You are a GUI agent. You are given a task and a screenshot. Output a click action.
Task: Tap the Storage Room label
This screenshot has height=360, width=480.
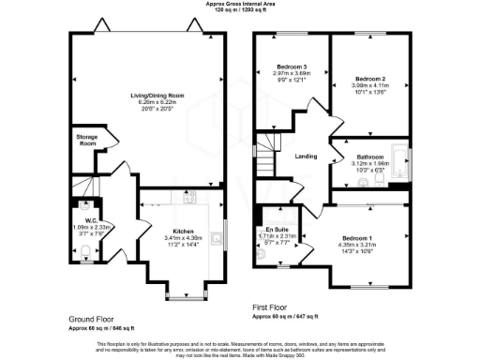(86, 140)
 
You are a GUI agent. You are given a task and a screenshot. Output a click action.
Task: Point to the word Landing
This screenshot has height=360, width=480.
(307, 157)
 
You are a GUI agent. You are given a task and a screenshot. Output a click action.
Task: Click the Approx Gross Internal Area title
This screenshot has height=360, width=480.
(241, 4)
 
